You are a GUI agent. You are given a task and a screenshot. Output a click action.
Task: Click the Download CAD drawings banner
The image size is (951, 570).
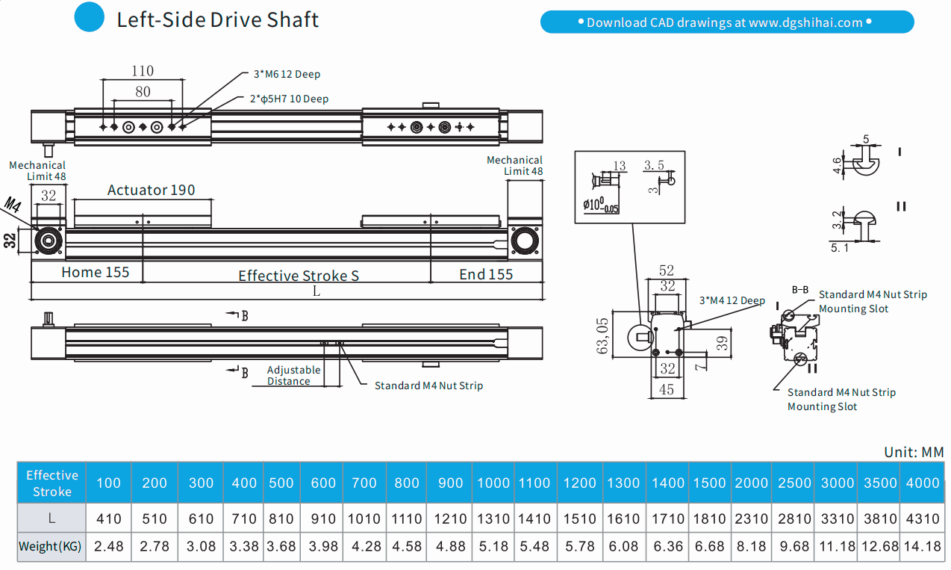[x=726, y=22]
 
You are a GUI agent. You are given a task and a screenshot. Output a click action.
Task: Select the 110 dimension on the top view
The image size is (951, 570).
[x=143, y=71]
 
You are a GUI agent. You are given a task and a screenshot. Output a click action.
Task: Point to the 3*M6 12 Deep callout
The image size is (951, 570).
[x=287, y=74]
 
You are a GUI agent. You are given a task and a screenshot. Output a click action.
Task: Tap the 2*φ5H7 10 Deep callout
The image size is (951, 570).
[x=289, y=99]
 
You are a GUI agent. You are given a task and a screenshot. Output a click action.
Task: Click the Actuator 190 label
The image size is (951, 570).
[x=151, y=190]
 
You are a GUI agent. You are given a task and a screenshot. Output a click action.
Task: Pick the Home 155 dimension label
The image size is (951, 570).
[x=95, y=273]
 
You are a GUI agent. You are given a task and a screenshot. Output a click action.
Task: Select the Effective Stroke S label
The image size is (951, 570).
[x=299, y=276]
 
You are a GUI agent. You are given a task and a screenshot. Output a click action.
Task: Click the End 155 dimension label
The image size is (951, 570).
[x=486, y=274]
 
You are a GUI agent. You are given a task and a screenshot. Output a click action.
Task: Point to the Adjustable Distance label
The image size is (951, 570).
[x=293, y=375]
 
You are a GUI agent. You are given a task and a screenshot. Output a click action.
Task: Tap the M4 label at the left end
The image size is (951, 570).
[x=13, y=204]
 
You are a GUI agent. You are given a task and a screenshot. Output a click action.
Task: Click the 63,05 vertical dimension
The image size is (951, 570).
[x=602, y=335]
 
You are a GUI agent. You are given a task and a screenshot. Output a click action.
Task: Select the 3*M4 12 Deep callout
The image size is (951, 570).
[x=732, y=300]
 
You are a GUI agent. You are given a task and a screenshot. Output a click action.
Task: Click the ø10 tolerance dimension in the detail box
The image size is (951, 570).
[x=601, y=205]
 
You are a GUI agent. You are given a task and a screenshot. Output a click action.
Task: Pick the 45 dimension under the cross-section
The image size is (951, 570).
[x=667, y=388]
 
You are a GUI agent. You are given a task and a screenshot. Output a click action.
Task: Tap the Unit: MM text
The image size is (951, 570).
[x=914, y=452]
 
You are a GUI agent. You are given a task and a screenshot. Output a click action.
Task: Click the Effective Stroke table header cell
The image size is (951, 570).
[x=52, y=483]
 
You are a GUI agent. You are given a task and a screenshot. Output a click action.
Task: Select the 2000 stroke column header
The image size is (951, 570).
[x=751, y=483]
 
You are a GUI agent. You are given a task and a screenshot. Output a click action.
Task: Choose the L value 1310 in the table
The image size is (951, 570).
[x=493, y=518]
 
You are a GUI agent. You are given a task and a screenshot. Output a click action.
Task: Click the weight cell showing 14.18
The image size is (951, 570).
[x=922, y=546]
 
